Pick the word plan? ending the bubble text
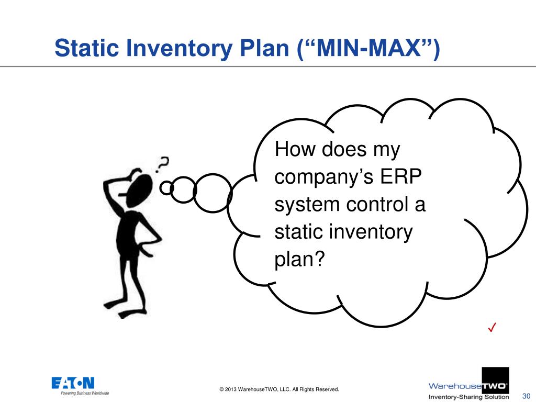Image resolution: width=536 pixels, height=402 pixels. tap(296, 258)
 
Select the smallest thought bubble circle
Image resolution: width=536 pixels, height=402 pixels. tap(166, 187)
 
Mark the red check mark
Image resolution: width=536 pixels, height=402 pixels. tap(492, 328)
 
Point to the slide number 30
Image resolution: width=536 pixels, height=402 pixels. tap(527, 396)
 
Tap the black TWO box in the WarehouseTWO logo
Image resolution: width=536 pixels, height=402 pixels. tap(495, 386)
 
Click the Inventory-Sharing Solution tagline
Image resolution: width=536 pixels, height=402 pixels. tap(468, 397)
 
